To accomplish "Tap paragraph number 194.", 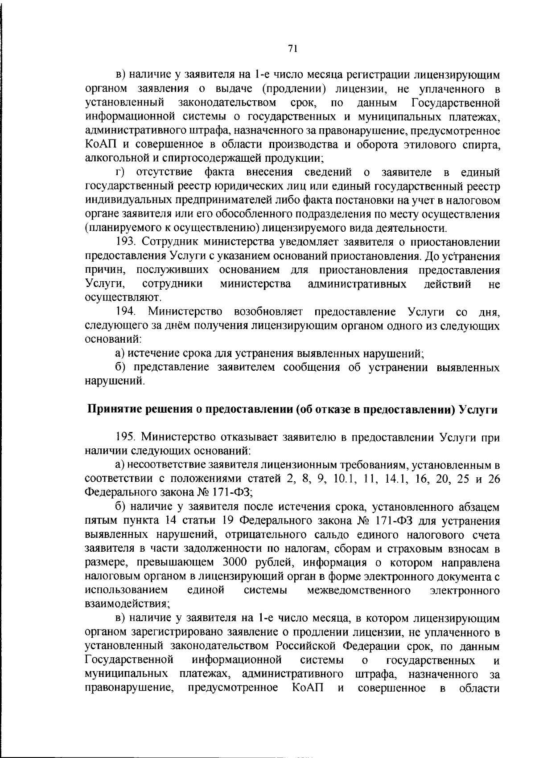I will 126,311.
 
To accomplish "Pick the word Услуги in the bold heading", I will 478,410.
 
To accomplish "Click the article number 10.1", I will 346,479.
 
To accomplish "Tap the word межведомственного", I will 359,590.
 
